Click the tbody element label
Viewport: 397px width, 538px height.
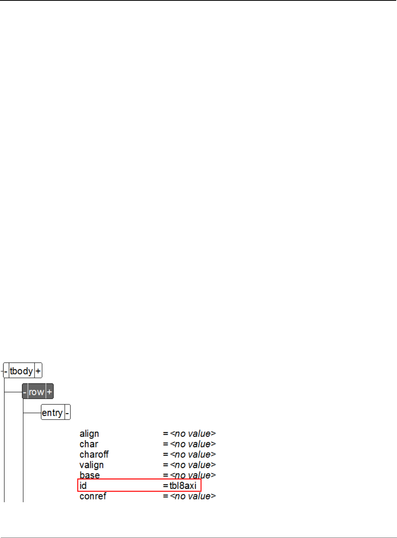[x=21, y=371]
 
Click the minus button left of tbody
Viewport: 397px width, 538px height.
[x=6, y=371]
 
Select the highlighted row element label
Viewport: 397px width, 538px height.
[x=36, y=392]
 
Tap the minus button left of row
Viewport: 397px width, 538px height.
[x=25, y=392]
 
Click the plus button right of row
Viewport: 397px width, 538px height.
[x=49, y=392]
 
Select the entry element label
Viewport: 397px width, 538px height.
[x=52, y=413]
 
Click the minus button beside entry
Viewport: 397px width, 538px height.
[x=67, y=413]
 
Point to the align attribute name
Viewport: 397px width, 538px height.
[x=89, y=434]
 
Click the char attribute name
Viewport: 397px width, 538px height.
[x=89, y=444]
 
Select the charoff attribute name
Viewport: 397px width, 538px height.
[x=94, y=455]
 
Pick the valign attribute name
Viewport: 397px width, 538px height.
[x=92, y=465]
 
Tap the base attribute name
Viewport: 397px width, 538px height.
[x=90, y=475]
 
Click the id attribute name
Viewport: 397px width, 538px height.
[x=83, y=486]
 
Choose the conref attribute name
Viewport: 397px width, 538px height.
[x=93, y=496]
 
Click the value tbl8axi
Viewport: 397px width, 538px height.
[x=183, y=486]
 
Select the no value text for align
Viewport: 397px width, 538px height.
[x=193, y=434]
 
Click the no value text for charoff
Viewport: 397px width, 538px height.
[x=193, y=455]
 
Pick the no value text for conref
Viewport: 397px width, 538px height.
[x=193, y=496]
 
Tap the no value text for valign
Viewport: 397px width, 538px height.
[x=193, y=465]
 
